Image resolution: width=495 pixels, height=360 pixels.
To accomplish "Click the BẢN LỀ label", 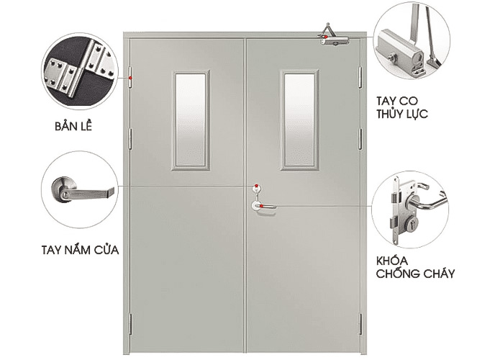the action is [73, 126].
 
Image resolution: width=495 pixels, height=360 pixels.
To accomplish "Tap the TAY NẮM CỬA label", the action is [80, 250].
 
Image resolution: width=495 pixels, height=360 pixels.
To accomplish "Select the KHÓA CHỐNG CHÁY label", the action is [415, 267].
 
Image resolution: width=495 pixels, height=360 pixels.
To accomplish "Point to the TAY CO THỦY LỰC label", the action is [402, 107].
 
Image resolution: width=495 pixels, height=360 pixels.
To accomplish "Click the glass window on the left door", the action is [191, 120].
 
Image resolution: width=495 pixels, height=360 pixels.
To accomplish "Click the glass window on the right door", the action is [299, 120].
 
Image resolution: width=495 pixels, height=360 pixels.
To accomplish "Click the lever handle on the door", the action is [264, 207].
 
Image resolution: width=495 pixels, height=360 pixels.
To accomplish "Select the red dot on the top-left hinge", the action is [131, 78].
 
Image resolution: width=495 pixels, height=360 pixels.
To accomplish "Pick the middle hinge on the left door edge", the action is [130, 138].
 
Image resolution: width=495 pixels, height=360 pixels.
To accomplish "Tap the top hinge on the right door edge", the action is [360, 77].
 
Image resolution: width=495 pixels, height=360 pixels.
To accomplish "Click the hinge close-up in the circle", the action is [80, 71].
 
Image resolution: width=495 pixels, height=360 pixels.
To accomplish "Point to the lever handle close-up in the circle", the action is [80, 189].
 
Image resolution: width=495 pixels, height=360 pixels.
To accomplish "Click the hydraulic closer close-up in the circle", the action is [412, 41].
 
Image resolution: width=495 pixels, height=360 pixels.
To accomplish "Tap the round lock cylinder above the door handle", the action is [257, 189].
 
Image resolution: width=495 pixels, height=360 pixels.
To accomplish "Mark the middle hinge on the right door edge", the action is [360, 138].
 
